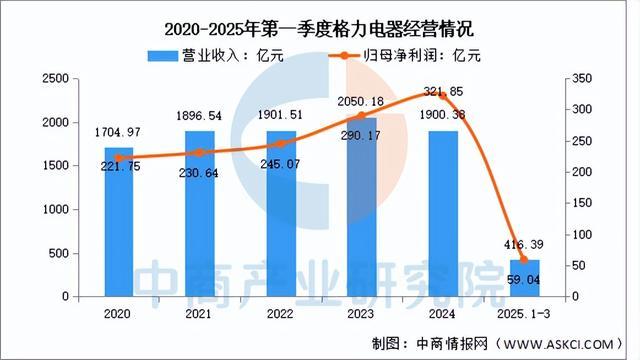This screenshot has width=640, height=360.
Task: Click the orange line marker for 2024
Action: tap(444, 96)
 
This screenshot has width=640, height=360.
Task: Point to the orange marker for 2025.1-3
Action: tap(524, 260)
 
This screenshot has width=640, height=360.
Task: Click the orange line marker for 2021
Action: tap(199, 152)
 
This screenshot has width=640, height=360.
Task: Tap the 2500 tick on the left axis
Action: tap(56, 78)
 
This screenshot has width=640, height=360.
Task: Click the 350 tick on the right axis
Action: tap(583, 78)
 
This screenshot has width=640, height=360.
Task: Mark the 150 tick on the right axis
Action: tap(583, 203)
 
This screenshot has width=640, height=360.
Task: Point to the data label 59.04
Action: tap(524, 280)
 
